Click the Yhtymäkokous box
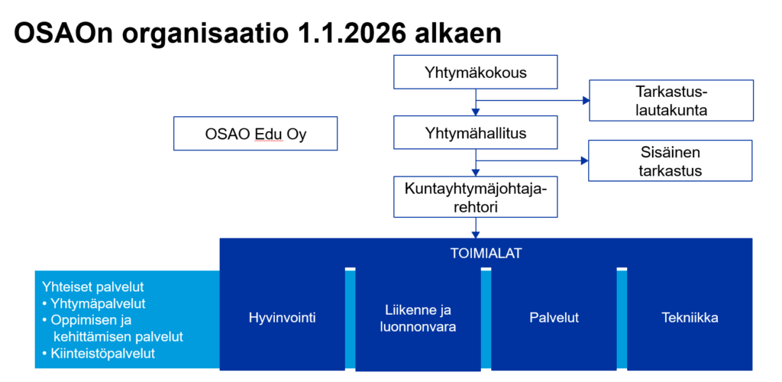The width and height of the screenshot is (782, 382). tap(475, 73)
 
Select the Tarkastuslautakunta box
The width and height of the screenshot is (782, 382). tap(671, 100)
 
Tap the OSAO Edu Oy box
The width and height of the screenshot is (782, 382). tap(255, 133)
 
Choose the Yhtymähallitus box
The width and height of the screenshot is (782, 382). tap(475, 132)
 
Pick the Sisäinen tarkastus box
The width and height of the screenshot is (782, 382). tap(671, 160)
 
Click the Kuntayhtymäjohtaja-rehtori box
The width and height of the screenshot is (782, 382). tap(475, 196)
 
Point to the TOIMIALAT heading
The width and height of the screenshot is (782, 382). tap(486, 254)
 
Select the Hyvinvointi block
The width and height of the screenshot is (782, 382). tap(283, 318)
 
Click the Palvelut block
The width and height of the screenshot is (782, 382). tap(554, 318)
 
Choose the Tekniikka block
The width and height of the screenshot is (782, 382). tap(690, 318)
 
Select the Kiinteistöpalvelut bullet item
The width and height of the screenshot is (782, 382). tap(99, 354)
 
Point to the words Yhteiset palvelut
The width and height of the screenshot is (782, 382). tap(93, 286)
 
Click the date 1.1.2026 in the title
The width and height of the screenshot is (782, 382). tap(341, 34)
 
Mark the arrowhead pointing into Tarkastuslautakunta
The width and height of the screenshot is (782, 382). tap(586, 100)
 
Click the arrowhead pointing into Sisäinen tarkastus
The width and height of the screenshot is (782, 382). tap(585, 160)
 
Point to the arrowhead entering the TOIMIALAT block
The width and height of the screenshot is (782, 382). tap(475, 235)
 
